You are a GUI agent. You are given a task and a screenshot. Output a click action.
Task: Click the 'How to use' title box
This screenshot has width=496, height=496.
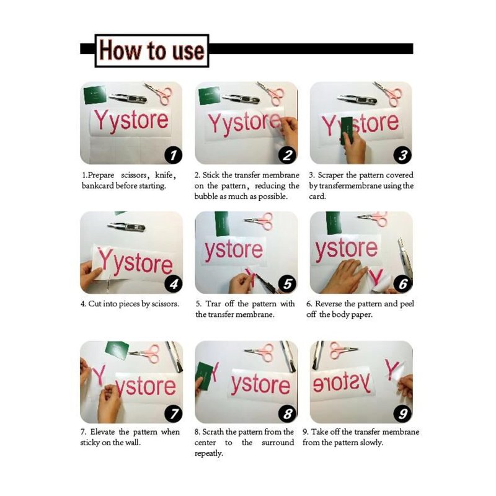[152, 51]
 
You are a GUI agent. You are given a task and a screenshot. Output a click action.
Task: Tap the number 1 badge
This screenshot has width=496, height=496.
[173, 155]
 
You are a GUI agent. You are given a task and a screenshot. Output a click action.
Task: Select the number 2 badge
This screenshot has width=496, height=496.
[288, 155]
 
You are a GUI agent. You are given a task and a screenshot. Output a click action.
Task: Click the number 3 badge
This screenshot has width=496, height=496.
[402, 155]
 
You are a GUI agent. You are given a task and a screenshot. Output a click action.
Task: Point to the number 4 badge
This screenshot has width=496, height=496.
[173, 284]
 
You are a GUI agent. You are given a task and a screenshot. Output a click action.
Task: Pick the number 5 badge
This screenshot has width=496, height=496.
[288, 284]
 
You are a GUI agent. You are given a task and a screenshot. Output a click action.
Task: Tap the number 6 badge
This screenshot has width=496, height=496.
[402, 284]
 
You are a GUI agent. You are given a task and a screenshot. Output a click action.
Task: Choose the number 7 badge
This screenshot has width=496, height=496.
[173, 413]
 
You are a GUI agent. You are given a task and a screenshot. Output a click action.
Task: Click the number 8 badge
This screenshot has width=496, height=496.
[288, 413]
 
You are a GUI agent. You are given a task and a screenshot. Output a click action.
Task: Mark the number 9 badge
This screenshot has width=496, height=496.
[402, 413]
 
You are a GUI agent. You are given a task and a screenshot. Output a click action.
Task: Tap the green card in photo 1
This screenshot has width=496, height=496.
[95, 95]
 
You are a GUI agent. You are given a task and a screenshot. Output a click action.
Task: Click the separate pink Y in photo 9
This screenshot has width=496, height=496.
[392, 370]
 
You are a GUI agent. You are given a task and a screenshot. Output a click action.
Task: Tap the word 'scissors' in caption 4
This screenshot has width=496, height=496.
[165, 304]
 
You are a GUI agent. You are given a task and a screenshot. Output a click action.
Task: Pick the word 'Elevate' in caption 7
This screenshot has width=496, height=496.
[102, 432]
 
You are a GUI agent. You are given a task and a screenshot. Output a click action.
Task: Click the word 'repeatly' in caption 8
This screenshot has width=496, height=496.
[209, 454]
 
